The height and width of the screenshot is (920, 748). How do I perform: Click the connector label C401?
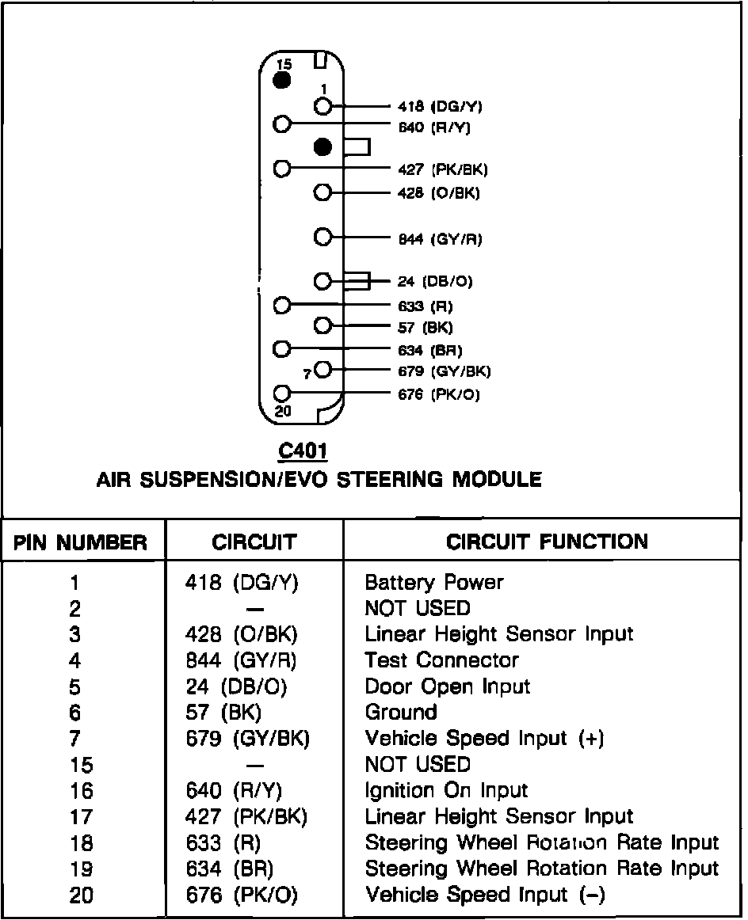303,451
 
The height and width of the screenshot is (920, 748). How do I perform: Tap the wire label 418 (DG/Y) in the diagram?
440,106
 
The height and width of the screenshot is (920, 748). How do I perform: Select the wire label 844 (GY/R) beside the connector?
440,238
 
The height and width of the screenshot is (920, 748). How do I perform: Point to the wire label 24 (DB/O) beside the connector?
436,282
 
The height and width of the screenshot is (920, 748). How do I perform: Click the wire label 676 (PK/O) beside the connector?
438,394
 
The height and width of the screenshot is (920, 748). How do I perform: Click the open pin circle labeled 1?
322,106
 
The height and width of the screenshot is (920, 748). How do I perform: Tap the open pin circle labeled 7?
322,369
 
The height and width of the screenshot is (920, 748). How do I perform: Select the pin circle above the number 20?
281,393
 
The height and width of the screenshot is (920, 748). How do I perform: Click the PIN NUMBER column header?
81,542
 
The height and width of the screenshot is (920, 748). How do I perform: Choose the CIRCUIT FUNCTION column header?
547,542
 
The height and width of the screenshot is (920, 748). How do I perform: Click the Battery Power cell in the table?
434,583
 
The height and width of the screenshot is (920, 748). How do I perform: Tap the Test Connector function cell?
442,660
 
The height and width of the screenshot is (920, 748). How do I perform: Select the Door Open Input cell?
448,686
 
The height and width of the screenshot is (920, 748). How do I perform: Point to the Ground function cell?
401,713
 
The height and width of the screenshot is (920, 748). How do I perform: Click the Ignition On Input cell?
446,791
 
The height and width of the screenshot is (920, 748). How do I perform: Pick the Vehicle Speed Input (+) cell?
484,739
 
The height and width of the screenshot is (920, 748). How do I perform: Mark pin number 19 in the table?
81,869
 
